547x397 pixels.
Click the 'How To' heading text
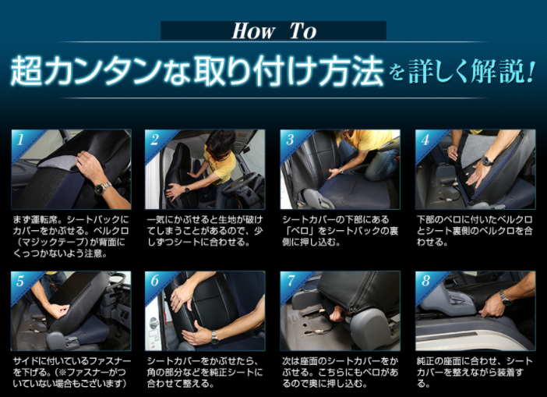point(274,30)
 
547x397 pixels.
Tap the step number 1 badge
point(20,140)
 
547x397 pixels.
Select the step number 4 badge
point(425,140)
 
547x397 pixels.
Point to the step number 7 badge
point(291,280)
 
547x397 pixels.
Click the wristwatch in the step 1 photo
point(103,188)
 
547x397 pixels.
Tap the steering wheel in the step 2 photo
point(240,183)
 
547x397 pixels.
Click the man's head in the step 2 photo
point(220,144)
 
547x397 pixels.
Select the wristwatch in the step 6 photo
point(214,337)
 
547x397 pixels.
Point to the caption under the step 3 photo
point(341,231)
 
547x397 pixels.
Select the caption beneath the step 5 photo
point(72,372)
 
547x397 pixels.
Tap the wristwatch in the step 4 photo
point(487,161)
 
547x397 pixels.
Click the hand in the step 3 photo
point(335,172)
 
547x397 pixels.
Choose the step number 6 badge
point(155,280)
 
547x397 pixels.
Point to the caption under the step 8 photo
point(475,372)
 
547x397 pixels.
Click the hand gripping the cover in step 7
point(337,314)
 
